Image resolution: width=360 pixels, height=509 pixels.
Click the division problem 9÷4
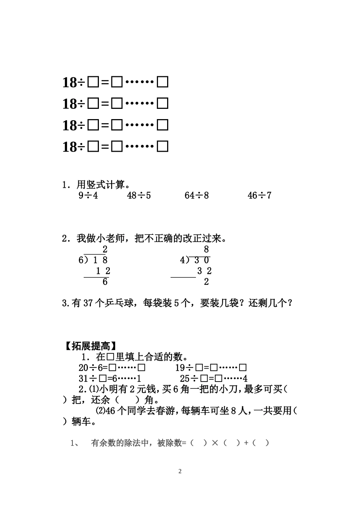coord(88,196)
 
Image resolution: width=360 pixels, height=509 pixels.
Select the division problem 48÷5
coord(139,196)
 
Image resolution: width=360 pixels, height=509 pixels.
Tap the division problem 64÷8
coord(196,196)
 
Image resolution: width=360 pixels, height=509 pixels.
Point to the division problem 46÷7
coord(260,196)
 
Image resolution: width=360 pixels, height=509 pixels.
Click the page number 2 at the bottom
coord(180,471)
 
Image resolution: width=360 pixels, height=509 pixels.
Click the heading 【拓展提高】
coord(89,346)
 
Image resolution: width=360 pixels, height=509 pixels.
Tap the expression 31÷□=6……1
coord(110,379)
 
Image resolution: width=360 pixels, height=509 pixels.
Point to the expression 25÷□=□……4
coord(214,379)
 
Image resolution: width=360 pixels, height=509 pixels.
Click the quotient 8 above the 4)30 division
coord(206,250)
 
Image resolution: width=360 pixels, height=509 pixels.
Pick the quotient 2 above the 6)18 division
coord(105,250)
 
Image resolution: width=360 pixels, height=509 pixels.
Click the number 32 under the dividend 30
coord(205,271)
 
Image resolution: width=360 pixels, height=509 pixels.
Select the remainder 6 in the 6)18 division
coord(105,282)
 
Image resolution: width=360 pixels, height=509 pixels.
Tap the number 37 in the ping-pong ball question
coord(88,303)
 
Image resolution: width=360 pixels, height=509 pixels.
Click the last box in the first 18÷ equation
coord(163,82)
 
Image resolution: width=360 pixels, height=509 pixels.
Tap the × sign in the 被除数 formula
coord(215,443)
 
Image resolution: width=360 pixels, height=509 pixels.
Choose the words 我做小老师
coord(100,239)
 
